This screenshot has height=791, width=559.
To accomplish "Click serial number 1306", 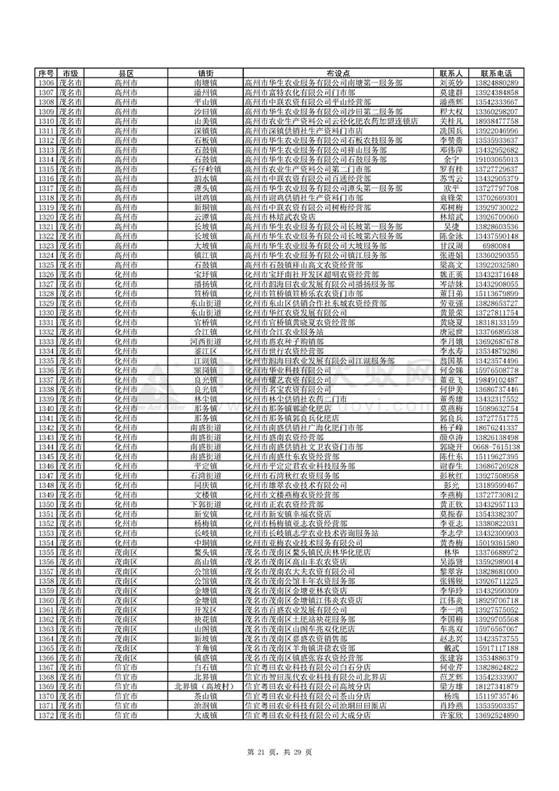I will tap(45, 82).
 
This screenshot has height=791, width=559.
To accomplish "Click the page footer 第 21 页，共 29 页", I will tap(279, 750).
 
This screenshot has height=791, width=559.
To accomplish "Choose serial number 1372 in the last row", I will tap(45, 716).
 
